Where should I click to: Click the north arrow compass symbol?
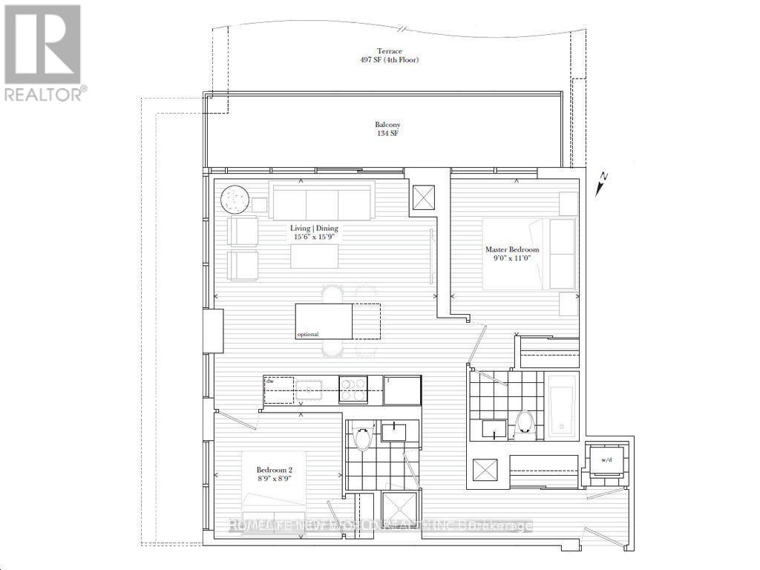(x=602, y=182)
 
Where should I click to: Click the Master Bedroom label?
(x=512, y=250)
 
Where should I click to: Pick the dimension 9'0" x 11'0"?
(x=512, y=260)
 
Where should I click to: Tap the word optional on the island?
(x=309, y=335)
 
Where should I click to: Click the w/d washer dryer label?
(x=606, y=460)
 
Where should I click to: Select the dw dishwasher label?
(x=270, y=381)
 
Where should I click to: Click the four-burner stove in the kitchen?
(x=353, y=390)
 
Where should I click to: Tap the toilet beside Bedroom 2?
(x=362, y=439)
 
